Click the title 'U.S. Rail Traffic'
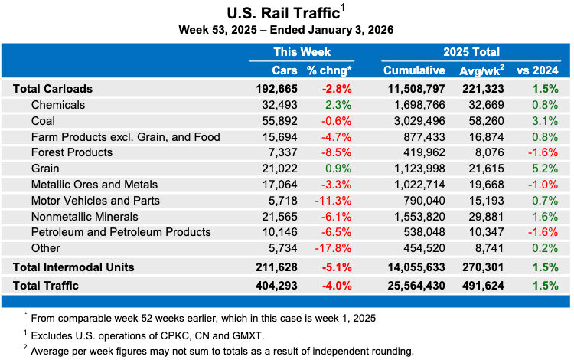click(x=282, y=12)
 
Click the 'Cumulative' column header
click(x=414, y=70)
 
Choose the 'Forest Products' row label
click(x=72, y=152)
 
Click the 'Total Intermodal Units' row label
click(x=73, y=267)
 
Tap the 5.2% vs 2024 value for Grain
click(x=545, y=169)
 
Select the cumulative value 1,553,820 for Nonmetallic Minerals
click(x=423, y=217)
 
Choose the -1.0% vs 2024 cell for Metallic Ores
click(x=543, y=185)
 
